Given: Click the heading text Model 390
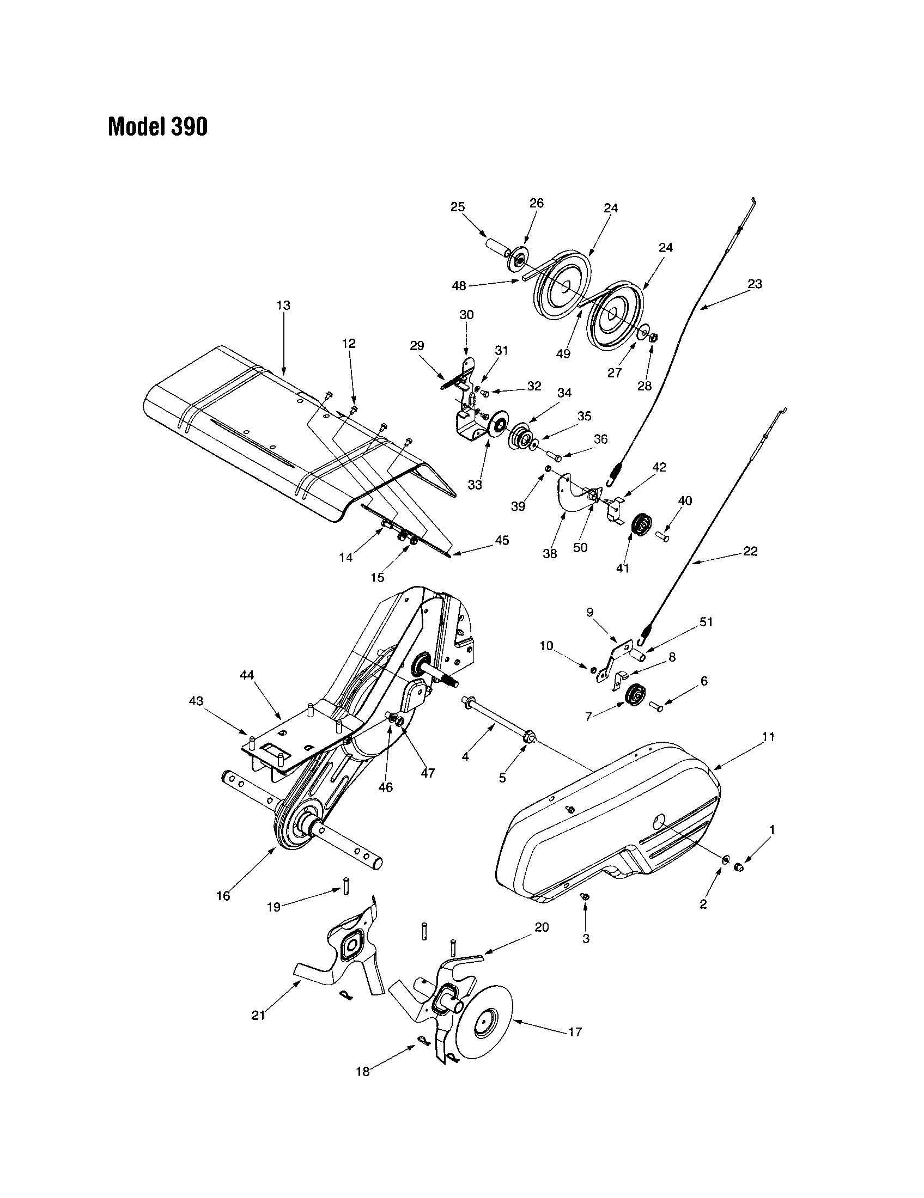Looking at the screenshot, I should pyautogui.click(x=158, y=127).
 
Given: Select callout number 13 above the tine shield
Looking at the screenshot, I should pyautogui.click(x=283, y=305).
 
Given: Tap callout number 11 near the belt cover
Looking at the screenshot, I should pyautogui.click(x=768, y=737).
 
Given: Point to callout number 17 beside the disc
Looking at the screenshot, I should pyautogui.click(x=575, y=1031).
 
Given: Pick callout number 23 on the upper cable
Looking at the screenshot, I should pyautogui.click(x=755, y=284).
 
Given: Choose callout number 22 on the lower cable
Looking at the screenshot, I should pyautogui.click(x=750, y=551).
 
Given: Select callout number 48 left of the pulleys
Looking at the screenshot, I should pyautogui.click(x=459, y=286).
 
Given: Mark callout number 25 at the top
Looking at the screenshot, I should pyautogui.click(x=458, y=207).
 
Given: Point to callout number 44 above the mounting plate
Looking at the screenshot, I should pyautogui.click(x=247, y=676).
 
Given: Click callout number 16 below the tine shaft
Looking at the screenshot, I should pyautogui.click(x=223, y=896).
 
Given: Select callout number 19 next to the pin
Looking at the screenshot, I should pyautogui.click(x=273, y=907).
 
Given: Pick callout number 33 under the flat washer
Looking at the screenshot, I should pyautogui.click(x=475, y=485).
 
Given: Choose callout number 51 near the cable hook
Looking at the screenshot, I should pyautogui.click(x=706, y=622).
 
